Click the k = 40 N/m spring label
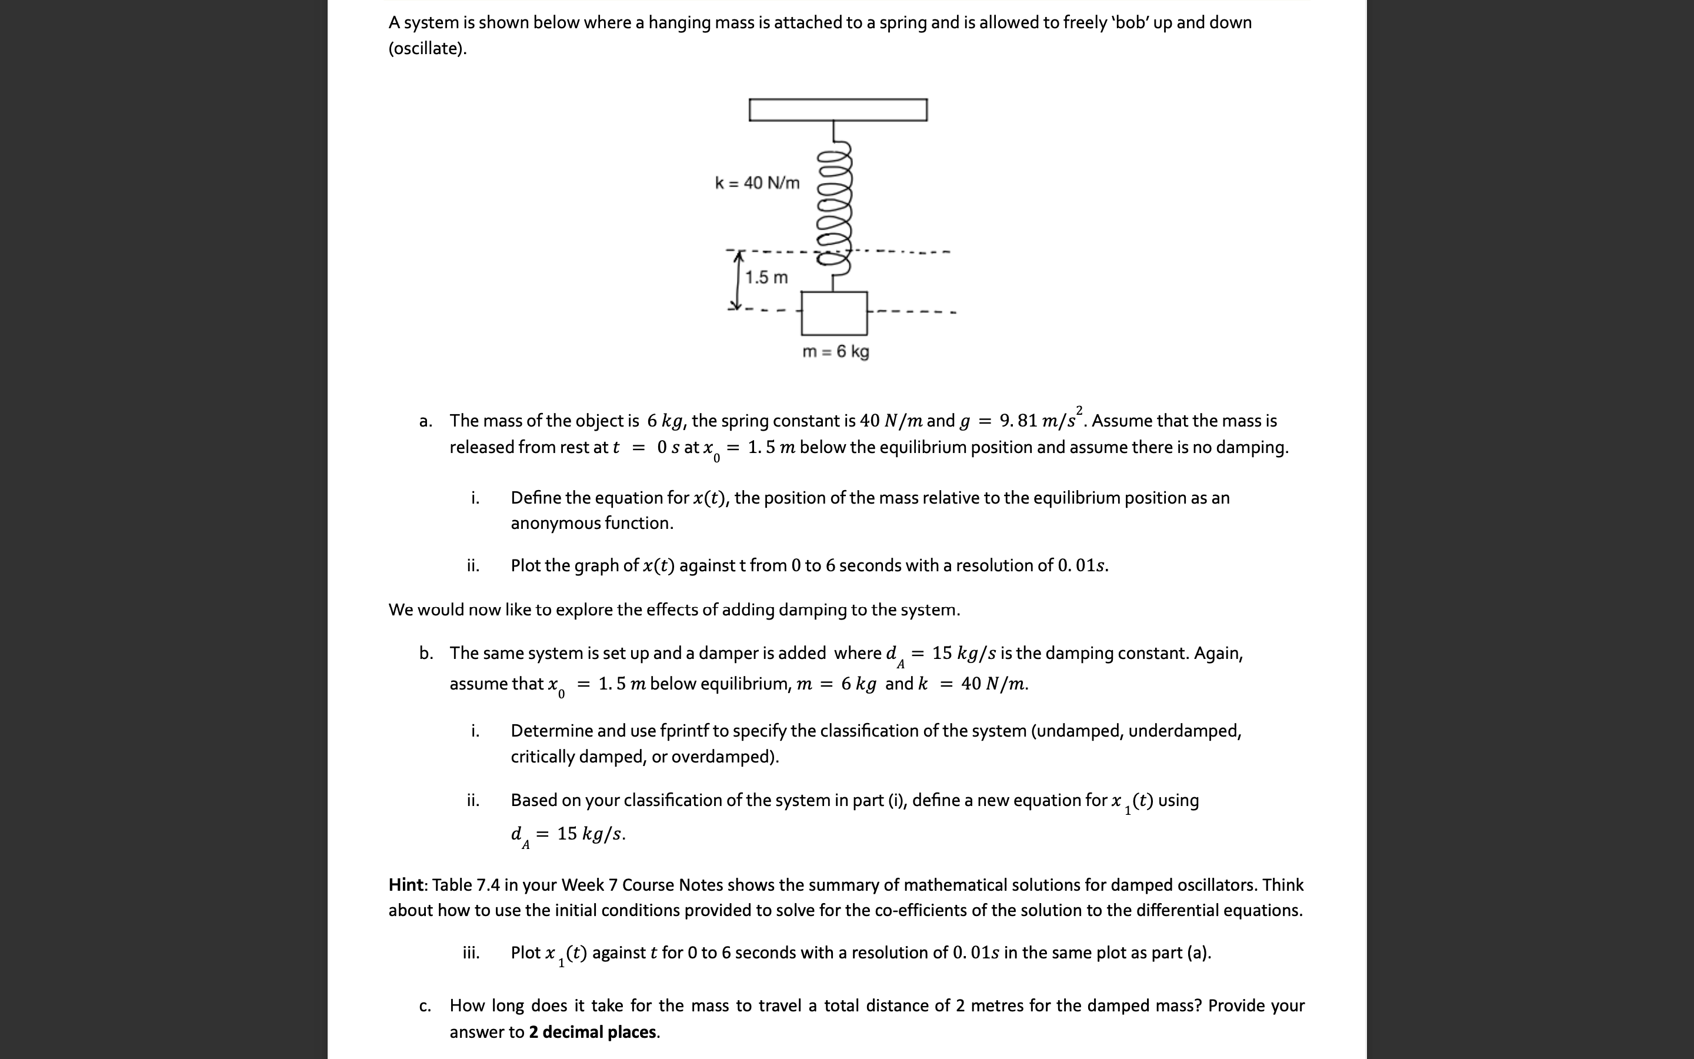point(756,183)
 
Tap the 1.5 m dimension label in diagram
point(766,277)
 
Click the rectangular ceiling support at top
point(838,110)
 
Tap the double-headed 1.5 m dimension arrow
point(737,281)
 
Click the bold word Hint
point(406,885)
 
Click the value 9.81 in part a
point(1019,420)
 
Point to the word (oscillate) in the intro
point(427,48)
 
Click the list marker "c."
point(425,1007)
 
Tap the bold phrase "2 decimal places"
point(592,1032)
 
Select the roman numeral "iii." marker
point(471,953)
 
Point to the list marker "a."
point(425,421)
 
